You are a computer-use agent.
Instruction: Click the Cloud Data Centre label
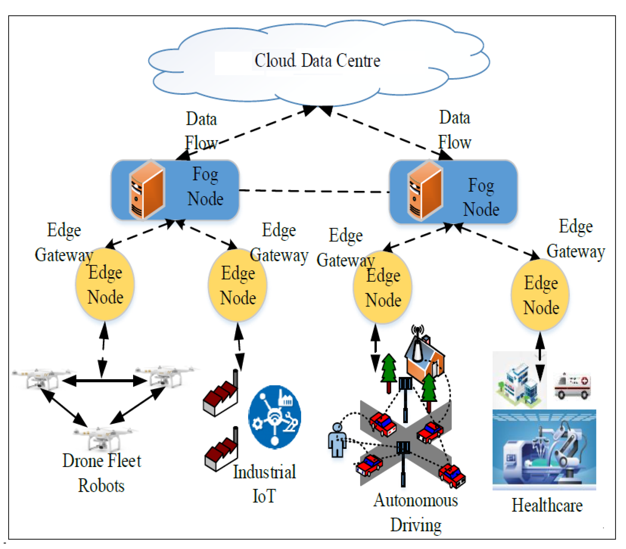point(317,60)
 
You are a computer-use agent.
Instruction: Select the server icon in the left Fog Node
point(147,190)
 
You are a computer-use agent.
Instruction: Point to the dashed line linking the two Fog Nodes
point(314,191)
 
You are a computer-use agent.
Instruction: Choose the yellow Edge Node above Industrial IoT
point(238,285)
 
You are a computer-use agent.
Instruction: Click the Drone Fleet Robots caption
point(102,473)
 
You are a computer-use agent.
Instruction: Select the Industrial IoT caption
point(264,484)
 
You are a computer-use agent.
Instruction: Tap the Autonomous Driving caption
point(415,513)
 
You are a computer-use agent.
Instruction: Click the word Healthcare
point(547,506)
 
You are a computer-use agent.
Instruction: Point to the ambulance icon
point(572,386)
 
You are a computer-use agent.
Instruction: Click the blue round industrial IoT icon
point(275,417)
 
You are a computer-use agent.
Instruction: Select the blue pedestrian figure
point(337,440)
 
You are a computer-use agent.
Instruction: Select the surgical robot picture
point(544,450)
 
